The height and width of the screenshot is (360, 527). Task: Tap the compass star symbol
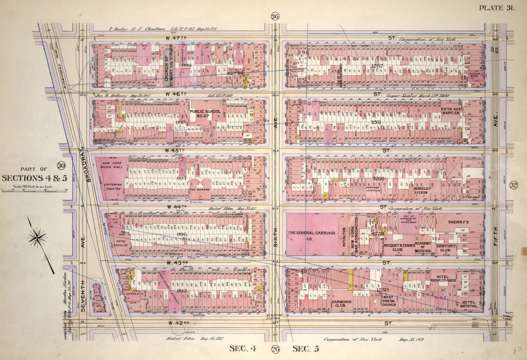(x=38, y=238)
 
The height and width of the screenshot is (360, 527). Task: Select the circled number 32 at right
(x=513, y=186)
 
